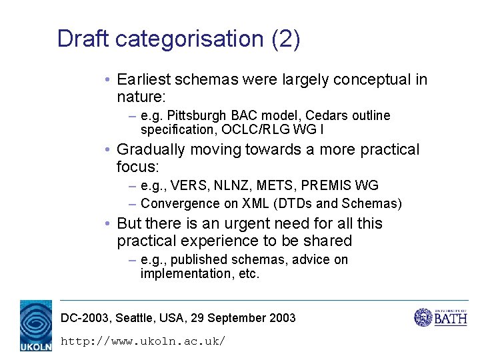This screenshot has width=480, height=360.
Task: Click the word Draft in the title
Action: pos(83,39)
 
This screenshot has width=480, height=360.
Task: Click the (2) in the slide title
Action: pos(286,39)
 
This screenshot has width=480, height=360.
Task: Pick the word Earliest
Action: pos(143,80)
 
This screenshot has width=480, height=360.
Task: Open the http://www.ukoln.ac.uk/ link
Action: pos(143,341)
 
